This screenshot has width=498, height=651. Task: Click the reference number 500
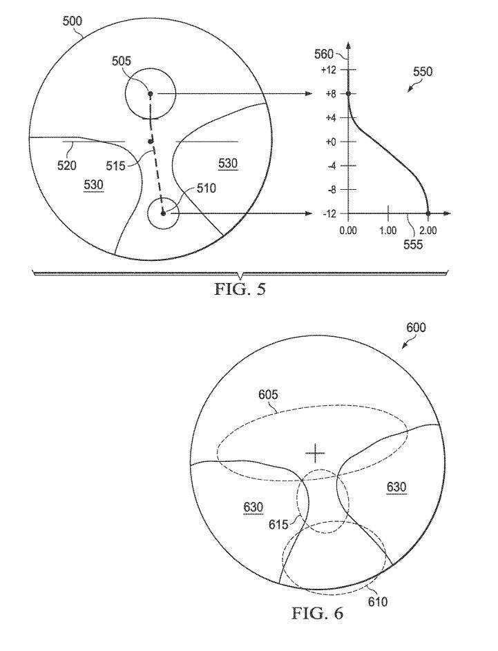pos(73,21)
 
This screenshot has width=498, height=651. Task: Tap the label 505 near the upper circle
pos(122,61)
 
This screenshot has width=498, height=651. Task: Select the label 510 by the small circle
pos(207,188)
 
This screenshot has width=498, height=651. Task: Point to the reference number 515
pos(115,166)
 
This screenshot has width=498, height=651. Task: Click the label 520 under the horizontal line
pos(67,166)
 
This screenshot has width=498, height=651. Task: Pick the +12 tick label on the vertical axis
pos(329,70)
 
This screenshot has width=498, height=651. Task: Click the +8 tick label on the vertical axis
pos(331,94)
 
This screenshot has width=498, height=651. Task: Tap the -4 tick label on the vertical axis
pos(331,166)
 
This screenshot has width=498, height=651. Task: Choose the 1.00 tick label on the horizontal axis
pos(388,231)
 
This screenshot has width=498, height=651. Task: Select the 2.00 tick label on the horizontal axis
pos(428,231)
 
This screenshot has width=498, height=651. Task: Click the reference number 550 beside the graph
pos(423,72)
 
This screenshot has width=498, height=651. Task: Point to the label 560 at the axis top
pos(325,54)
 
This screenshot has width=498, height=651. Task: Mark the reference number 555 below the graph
pos(413,244)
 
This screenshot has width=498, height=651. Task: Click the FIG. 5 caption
pos(240,289)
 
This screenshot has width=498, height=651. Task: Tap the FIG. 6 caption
pos(318,613)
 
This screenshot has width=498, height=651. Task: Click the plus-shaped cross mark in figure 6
pos(315,454)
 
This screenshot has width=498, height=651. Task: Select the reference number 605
pos(268,394)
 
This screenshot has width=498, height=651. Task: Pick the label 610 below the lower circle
pos(378,601)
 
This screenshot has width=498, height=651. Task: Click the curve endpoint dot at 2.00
pos(428,213)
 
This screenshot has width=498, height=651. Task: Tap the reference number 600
pos(416,328)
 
